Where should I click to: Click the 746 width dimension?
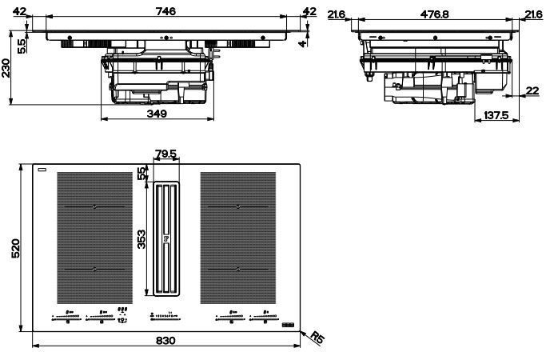(165, 11)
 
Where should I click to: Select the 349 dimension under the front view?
(157, 114)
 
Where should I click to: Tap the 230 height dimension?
(6, 68)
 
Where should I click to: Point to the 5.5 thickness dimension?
(22, 46)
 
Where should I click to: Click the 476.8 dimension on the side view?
(434, 14)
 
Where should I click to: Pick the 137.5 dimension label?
(496, 115)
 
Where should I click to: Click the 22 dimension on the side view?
(532, 91)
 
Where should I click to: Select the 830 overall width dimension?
(165, 340)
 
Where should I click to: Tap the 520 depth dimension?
(16, 248)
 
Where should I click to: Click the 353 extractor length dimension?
(141, 239)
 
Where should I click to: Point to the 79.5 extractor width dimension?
(166, 154)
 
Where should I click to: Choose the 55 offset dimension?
(142, 174)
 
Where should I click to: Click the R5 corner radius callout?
(317, 338)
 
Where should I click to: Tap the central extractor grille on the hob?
(166, 238)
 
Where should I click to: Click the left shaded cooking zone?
(94, 238)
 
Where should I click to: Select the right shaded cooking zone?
(237, 238)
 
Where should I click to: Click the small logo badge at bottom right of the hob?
(289, 326)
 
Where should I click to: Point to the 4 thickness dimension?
(302, 44)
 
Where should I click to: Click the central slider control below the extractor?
(165, 317)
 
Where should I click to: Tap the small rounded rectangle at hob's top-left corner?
(42, 170)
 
